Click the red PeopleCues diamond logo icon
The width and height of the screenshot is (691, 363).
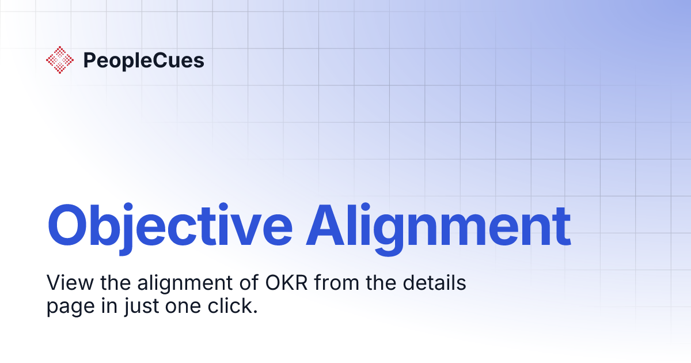click(60, 60)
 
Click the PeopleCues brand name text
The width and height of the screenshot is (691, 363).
click(143, 60)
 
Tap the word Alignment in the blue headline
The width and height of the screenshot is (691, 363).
click(438, 225)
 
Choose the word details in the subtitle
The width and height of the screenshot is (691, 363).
click(433, 283)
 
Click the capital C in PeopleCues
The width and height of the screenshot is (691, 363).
click(153, 60)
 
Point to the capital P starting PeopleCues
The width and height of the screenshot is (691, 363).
click(89, 60)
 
